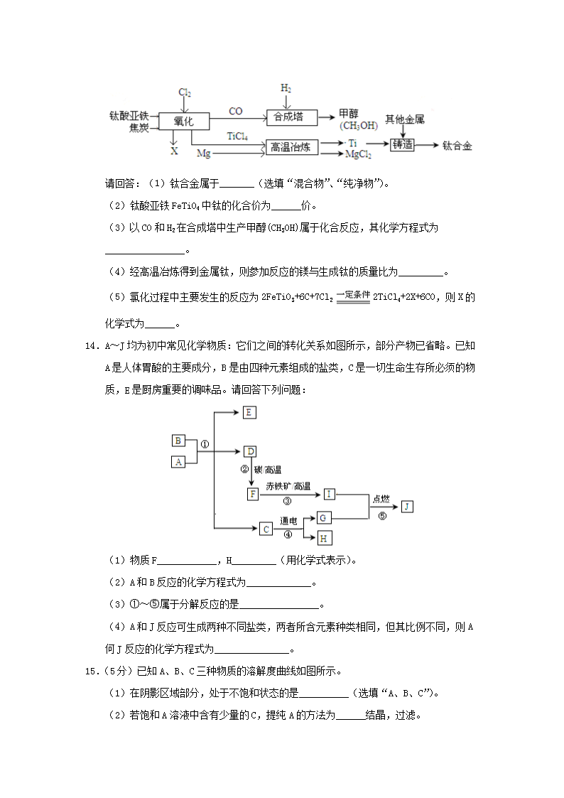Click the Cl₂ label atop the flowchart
185,93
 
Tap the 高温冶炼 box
291,147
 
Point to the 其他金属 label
405,119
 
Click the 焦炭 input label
139,128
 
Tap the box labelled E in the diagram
249,412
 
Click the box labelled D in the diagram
249,451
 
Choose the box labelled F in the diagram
252,493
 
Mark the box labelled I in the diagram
329,493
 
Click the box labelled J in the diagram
406,506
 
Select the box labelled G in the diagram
323,518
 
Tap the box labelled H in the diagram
323,538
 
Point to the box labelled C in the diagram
265,529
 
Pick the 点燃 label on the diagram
381,500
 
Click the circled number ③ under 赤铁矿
287,500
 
